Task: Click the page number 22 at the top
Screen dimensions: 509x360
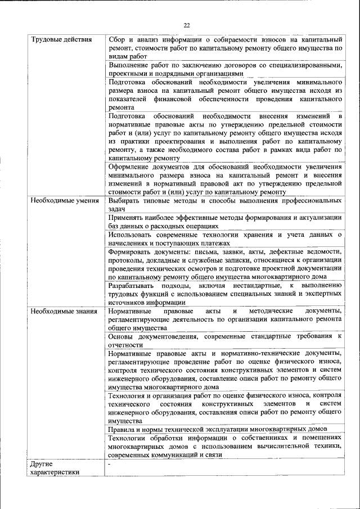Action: [x=187, y=25]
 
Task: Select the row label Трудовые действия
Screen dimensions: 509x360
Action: [x=57, y=39]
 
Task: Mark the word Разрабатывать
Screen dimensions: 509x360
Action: [x=134, y=285]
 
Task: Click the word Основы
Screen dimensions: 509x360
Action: [x=121, y=336]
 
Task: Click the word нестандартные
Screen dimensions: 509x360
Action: [x=258, y=285]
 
